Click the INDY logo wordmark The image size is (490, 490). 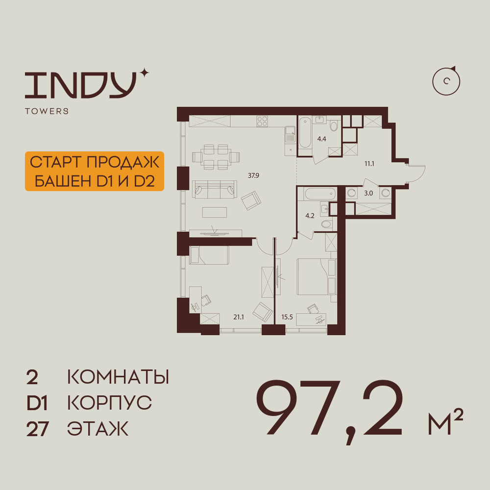click(81, 85)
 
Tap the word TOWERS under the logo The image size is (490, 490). click(47, 111)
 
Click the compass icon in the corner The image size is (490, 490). click(446, 81)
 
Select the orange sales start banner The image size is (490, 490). click(95, 171)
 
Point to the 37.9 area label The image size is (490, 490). click(253, 175)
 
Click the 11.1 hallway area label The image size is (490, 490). click(369, 164)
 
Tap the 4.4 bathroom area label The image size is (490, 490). click(321, 139)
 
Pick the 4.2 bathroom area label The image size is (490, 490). click(310, 216)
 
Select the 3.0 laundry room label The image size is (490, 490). click(368, 194)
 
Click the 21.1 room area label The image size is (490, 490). click(239, 317)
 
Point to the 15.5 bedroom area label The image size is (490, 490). click(287, 317)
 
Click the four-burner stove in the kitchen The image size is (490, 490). click(262, 121)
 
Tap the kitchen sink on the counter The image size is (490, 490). click(290, 135)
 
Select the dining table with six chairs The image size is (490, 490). click(216, 157)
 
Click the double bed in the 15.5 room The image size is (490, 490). click(316, 276)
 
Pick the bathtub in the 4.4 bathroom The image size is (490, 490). click(305, 132)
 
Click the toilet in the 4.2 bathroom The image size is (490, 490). click(327, 224)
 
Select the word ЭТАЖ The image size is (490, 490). click(98, 429)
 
